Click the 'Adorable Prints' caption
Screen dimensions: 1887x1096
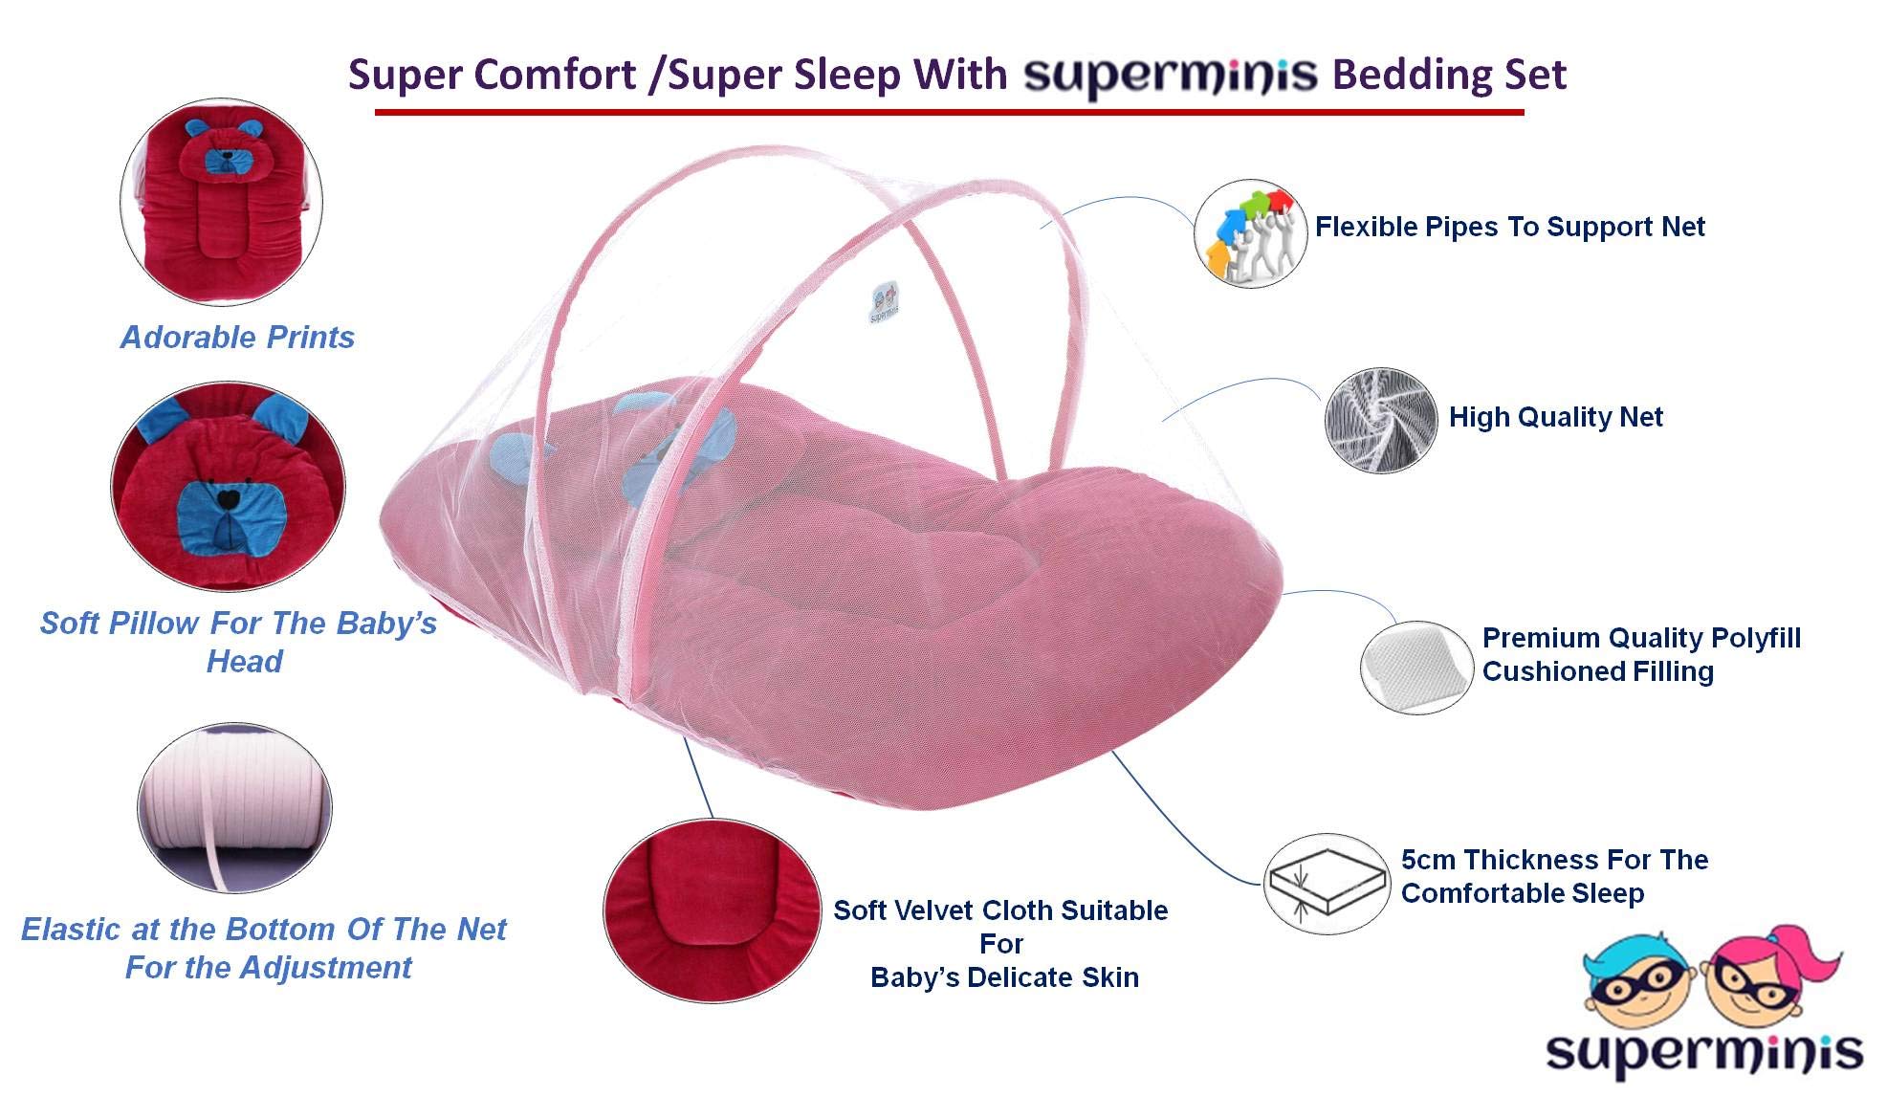point(237,338)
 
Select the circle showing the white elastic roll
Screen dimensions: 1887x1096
point(235,808)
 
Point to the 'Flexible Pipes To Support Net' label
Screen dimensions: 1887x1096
point(1509,227)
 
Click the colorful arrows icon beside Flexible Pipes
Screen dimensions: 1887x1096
point(1250,233)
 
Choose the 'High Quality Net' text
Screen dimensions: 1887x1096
point(1556,417)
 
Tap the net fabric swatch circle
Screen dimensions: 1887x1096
point(1381,420)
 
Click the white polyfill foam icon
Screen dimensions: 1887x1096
point(1416,666)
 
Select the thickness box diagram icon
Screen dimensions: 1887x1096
point(1327,883)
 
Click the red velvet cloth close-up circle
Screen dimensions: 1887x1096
point(712,910)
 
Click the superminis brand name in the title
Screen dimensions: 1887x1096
point(1171,76)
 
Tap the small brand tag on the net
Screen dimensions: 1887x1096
point(885,302)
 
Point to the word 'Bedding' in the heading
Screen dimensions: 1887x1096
point(1408,75)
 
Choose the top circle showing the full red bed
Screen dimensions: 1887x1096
point(222,202)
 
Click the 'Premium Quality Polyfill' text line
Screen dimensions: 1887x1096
point(1641,638)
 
